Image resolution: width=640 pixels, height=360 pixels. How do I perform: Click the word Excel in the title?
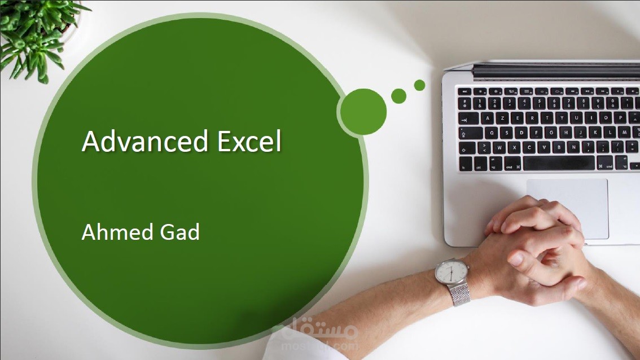(x=249, y=141)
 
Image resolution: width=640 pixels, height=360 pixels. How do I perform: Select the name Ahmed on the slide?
(x=117, y=232)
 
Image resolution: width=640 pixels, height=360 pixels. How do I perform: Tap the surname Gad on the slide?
(x=180, y=232)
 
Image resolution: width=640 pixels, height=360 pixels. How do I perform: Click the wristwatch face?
(x=451, y=271)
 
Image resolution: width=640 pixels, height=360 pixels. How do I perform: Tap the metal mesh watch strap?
(x=459, y=295)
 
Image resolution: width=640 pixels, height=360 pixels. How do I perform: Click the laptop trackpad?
(x=567, y=208)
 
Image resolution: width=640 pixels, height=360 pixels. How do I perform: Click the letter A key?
(x=487, y=118)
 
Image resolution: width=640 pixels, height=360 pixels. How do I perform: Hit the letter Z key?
(x=502, y=118)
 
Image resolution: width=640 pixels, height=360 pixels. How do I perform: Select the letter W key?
(x=499, y=147)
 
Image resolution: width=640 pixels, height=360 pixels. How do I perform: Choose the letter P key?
(x=620, y=118)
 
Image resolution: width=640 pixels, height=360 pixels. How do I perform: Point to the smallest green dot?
(x=419, y=85)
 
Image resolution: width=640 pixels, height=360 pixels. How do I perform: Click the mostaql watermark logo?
(x=316, y=333)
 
